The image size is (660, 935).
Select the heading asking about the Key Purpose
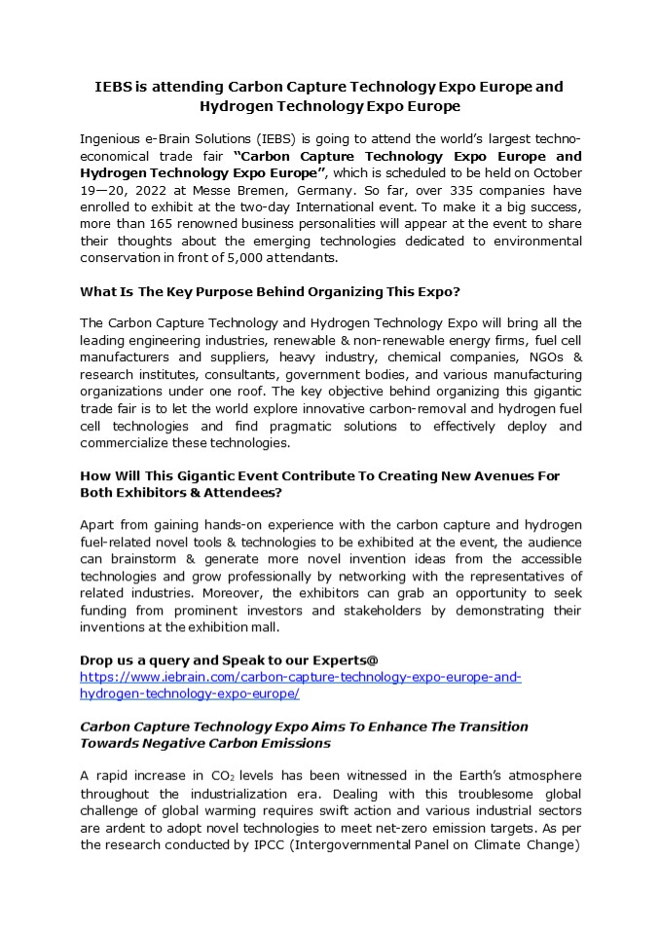269,291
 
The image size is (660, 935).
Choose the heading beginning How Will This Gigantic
319,484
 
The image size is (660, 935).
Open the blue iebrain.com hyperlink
300,677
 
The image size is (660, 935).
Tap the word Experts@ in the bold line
329,659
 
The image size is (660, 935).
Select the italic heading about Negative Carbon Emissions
303,734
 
